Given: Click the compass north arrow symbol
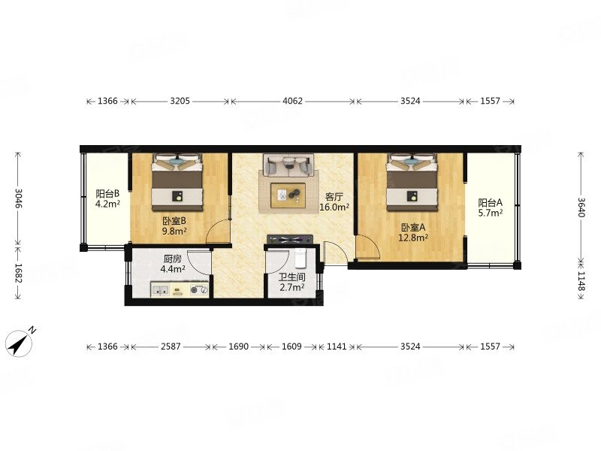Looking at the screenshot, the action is click(x=20, y=343).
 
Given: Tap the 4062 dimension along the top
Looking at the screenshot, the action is click(x=292, y=101).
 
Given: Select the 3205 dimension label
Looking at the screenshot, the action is click(x=180, y=101).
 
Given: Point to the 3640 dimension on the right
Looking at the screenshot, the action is click(x=581, y=207).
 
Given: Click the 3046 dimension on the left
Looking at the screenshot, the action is click(x=17, y=198).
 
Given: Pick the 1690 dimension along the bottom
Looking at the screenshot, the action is click(x=238, y=347).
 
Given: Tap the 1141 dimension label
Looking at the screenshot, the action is click(x=337, y=347).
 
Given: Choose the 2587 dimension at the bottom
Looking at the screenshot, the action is click(x=171, y=347).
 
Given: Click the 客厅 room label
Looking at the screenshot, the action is click(x=334, y=197).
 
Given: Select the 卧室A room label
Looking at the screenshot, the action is click(x=413, y=228).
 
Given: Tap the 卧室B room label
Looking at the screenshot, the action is click(x=174, y=221).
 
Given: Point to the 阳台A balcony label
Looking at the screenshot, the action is click(x=491, y=202).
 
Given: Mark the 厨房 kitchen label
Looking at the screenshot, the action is click(x=173, y=259).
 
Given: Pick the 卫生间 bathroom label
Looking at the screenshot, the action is click(x=292, y=277).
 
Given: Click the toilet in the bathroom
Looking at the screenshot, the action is click(x=300, y=258).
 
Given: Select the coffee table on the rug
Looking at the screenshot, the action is click(x=288, y=195).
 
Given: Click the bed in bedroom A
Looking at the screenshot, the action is click(x=412, y=182).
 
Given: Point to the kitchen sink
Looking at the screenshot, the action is click(x=160, y=290).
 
